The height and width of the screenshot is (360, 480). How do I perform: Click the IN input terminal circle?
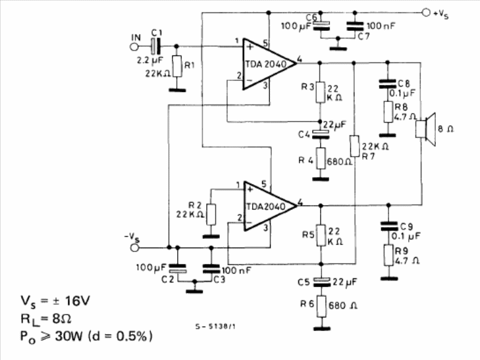(134, 47)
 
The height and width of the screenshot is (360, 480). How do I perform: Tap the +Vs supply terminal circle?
(426, 13)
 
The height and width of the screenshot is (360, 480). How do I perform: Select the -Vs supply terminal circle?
(135, 247)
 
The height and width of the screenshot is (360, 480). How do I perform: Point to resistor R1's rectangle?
(178, 66)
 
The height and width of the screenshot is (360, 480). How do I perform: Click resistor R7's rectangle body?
(354, 146)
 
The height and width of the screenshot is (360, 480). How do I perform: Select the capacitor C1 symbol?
(156, 47)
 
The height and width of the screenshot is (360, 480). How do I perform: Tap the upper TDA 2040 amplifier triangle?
(269, 64)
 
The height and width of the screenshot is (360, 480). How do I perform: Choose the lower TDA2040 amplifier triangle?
(270, 206)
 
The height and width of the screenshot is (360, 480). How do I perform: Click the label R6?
(307, 303)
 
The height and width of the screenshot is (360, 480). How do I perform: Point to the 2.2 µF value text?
(150, 61)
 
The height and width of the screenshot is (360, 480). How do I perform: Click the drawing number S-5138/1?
(215, 326)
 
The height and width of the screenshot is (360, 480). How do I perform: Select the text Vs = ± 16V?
(55, 301)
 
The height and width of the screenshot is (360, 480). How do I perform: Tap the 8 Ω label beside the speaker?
(446, 129)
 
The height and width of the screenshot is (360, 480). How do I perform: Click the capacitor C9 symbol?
(388, 226)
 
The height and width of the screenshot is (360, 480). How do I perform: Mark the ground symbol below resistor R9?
(389, 278)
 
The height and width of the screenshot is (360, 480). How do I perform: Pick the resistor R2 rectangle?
(211, 215)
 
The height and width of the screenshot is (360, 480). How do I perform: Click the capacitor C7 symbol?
(355, 26)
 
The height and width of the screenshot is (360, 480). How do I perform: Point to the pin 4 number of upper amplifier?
(300, 59)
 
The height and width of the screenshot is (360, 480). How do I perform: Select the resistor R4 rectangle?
(321, 159)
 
